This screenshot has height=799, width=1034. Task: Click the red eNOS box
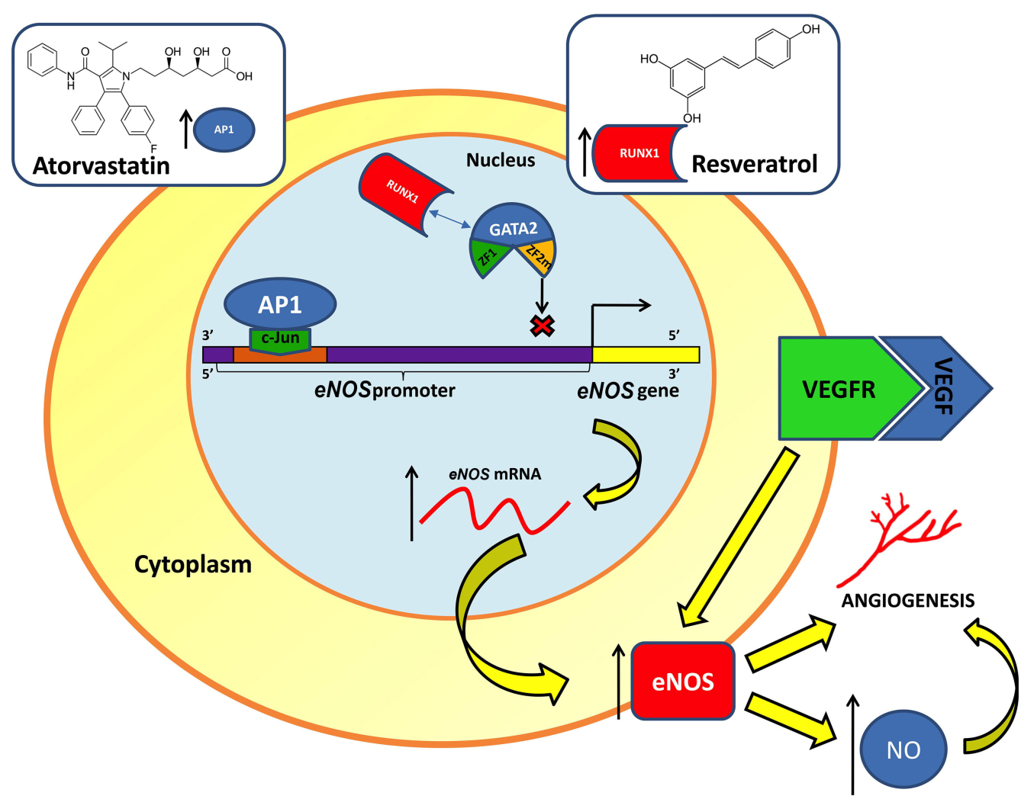683,681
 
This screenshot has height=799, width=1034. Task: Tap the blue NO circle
904,749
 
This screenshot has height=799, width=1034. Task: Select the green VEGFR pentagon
839,389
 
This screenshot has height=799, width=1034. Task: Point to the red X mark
542,326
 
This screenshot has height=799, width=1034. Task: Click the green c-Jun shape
280,339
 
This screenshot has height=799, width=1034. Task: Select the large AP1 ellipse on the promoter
280,303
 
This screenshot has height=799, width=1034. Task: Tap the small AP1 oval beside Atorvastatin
224,130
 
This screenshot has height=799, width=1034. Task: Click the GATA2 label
513,228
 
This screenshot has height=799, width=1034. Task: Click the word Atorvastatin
101,165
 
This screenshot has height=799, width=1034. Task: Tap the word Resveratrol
754,164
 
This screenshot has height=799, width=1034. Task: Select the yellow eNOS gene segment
646,355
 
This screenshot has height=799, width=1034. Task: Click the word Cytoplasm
193,564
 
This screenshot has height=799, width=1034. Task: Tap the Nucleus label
501,160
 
